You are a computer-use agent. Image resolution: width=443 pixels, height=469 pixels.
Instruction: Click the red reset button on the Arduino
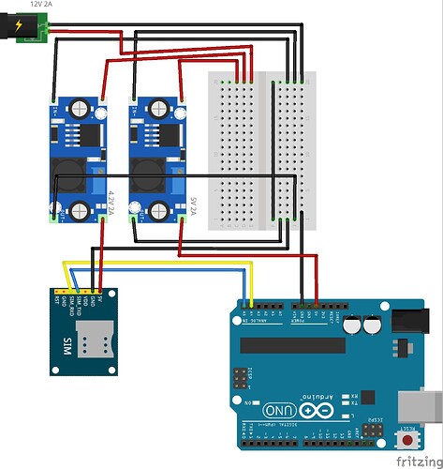[409, 440]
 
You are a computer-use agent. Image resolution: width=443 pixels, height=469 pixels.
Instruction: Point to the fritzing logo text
[416, 461]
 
